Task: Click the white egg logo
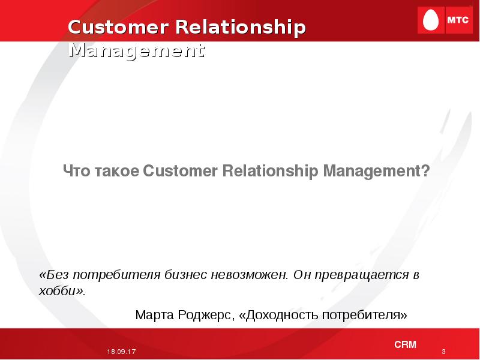430,20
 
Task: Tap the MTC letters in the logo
458,20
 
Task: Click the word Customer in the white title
118,27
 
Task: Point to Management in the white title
137,50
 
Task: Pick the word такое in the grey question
117,171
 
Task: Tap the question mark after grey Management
426,170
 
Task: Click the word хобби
57,290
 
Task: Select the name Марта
155,314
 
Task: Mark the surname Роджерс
204,315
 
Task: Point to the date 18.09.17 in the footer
121,352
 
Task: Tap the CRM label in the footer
406,344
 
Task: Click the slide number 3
443,352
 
